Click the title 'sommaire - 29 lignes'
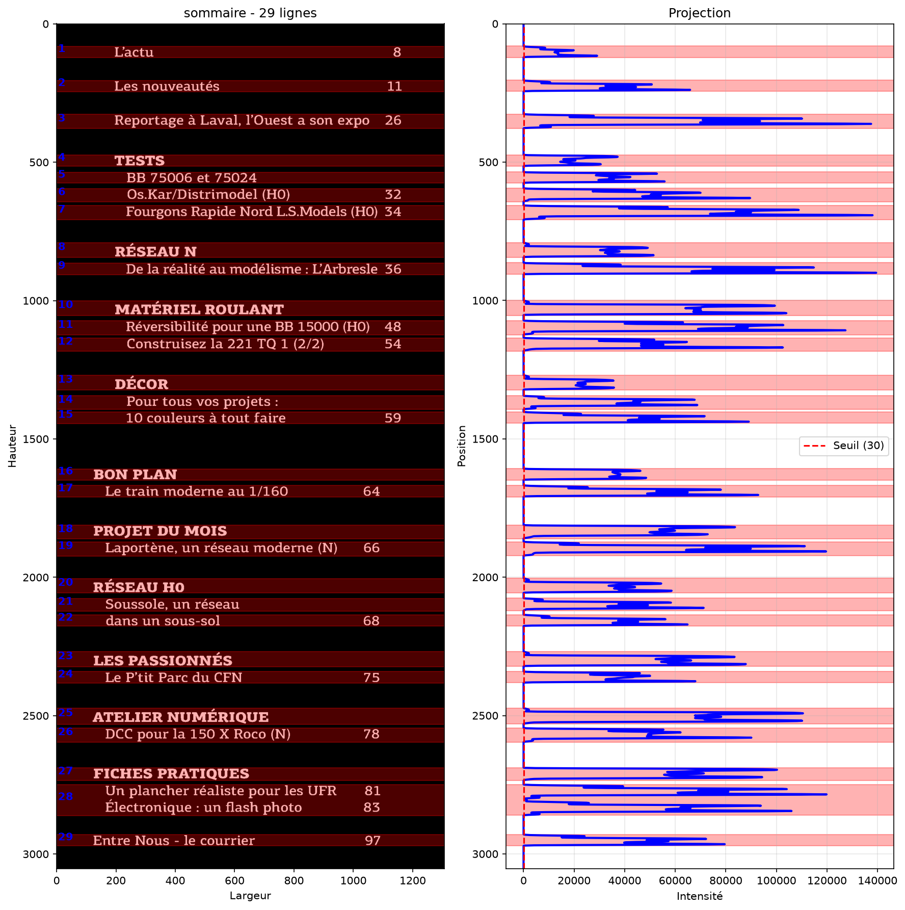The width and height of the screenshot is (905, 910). [x=250, y=13]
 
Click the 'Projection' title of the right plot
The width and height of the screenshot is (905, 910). [x=699, y=13]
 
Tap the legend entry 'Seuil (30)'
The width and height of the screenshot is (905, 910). [x=858, y=446]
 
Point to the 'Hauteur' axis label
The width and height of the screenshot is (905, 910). [x=12, y=446]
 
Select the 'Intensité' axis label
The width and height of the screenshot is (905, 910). [x=699, y=896]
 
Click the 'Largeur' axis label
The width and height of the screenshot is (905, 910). [x=250, y=896]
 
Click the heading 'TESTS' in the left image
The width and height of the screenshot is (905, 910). [x=140, y=161]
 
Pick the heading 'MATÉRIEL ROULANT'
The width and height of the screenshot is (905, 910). [x=199, y=309]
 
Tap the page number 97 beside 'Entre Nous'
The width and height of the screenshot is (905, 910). [x=372, y=841]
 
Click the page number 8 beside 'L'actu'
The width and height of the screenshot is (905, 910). [x=397, y=52]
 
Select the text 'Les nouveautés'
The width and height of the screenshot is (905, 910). [x=167, y=86]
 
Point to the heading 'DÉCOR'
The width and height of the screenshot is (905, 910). [x=141, y=384]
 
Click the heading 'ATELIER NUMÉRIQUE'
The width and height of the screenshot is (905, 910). [x=180, y=717]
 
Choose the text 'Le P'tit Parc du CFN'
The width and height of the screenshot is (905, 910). [x=173, y=678]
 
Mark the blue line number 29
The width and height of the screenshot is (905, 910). [x=65, y=837]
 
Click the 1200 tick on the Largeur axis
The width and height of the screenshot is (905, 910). [x=413, y=881]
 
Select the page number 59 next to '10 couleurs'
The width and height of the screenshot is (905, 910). [x=393, y=418]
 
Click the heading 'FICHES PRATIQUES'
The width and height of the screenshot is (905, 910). [x=171, y=774]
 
